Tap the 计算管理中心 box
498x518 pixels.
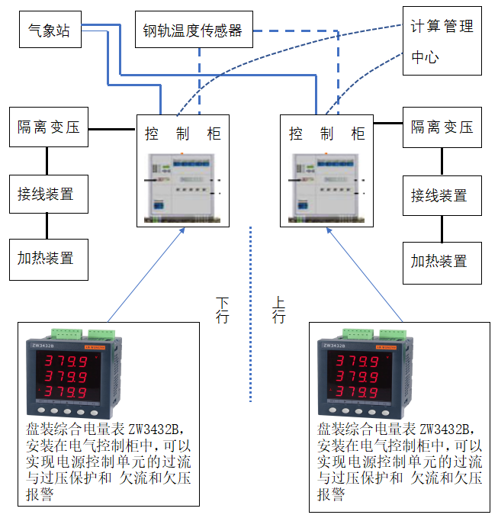coord(442,41)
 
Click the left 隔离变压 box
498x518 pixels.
coord(49,127)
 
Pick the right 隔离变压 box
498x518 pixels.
coord(442,127)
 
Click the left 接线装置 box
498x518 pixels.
coord(47,194)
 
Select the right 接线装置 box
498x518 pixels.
coord(442,195)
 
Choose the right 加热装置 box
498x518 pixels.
coord(442,262)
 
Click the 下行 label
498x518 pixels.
coord(222,310)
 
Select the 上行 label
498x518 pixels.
coord(279,310)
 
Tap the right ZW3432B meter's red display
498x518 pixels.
coord(358,376)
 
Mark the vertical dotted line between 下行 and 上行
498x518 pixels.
coord(250,313)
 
